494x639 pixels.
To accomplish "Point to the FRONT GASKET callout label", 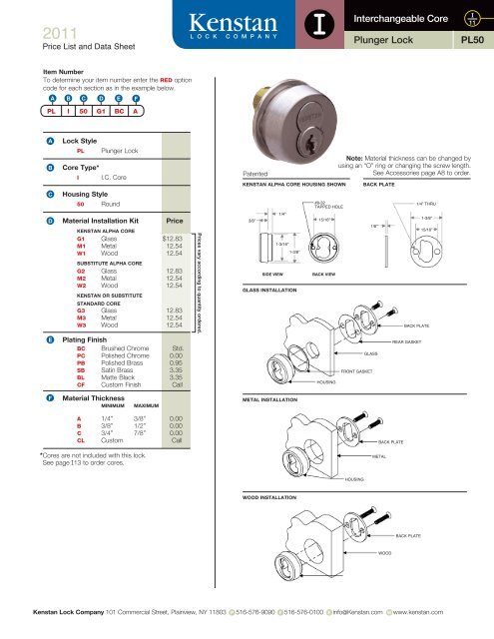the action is tap(360, 342).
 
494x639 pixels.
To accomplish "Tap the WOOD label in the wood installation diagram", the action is tap(384, 551).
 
